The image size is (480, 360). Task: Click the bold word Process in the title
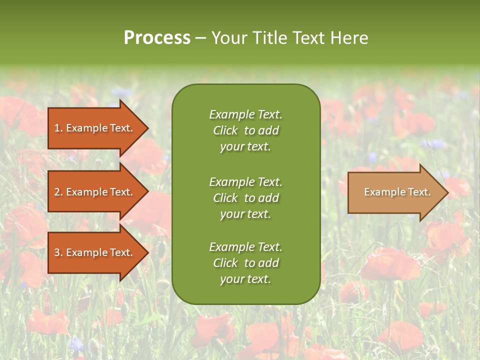coord(157,38)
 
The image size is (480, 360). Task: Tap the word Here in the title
coord(349,38)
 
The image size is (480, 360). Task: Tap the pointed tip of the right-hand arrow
coord(447,192)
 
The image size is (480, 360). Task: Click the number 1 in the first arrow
coord(57,128)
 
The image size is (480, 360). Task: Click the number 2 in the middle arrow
coord(57,192)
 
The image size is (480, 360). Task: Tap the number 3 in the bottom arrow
coord(57,252)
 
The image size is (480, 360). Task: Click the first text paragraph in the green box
coord(245,130)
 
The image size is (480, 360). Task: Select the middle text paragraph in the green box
coord(245,198)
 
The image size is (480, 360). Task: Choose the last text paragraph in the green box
coord(245,263)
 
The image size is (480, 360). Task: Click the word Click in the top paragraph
coord(225,130)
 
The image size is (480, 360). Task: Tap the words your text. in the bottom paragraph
coord(245,279)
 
